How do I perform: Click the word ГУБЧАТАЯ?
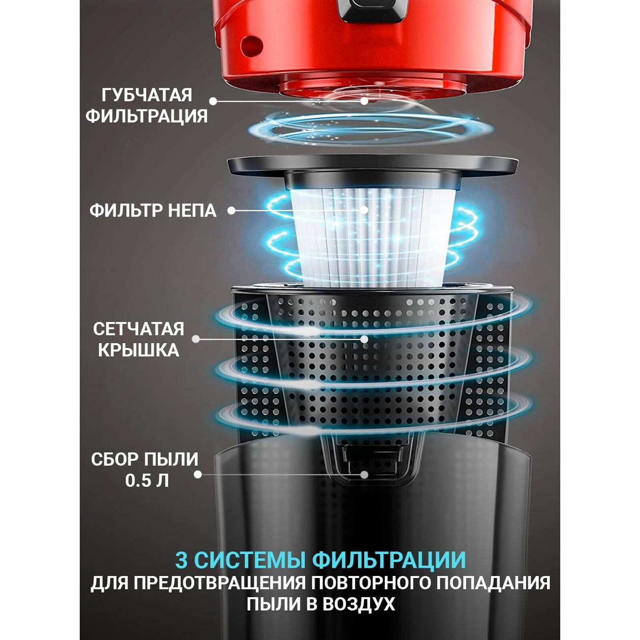147,95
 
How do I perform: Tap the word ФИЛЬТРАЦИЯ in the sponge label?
147,117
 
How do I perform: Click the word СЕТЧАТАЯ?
138,329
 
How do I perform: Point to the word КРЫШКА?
138,350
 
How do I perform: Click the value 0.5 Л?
147,480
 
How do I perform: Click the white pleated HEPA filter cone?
373,237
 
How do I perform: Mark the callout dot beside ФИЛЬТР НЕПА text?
231,211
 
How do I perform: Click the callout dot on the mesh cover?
364,339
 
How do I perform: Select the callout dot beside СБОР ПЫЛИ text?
198,475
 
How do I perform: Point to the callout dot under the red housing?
364,100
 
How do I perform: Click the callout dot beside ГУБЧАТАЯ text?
213,101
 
